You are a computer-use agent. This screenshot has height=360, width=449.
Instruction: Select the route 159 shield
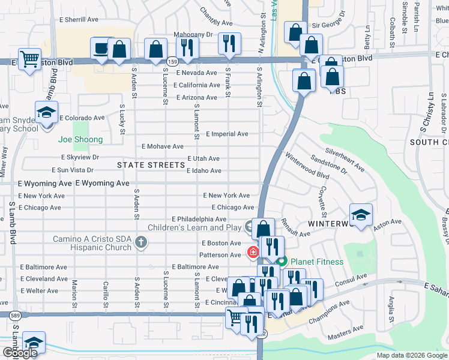pyautogui.click(x=173, y=62)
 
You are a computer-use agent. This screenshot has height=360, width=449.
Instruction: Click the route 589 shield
pyautogui.click(x=13, y=314)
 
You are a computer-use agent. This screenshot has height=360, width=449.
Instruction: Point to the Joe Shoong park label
pyautogui.click(x=80, y=140)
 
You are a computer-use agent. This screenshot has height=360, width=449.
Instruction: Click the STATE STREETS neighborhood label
pyautogui.click(x=151, y=165)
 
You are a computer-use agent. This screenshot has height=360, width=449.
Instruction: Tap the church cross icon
pyautogui.click(x=140, y=242)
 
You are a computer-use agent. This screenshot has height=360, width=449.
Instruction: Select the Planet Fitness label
pyautogui.click(x=316, y=262)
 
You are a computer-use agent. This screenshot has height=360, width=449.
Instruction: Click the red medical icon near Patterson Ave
pyautogui.click(x=253, y=252)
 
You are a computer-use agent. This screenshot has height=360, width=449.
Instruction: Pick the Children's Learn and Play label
pyautogui.click(x=195, y=227)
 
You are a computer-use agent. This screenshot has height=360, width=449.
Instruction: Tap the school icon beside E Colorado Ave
pyautogui.click(x=46, y=112)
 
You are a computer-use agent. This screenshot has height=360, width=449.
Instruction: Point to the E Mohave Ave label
pyautogui.click(x=162, y=146)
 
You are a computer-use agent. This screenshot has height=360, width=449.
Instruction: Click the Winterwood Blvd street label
pyautogui.click(x=307, y=166)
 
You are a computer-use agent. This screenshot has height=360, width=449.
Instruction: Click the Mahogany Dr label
pyautogui.click(x=193, y=35)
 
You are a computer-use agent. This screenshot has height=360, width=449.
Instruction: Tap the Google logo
pyautogui.click(x=19, y=353)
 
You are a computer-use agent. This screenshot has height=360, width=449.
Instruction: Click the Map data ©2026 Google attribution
pyautogui.click(x=411, y=355)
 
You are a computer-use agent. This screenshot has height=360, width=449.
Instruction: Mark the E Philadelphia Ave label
pyautogui.click(x=199, y=220)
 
